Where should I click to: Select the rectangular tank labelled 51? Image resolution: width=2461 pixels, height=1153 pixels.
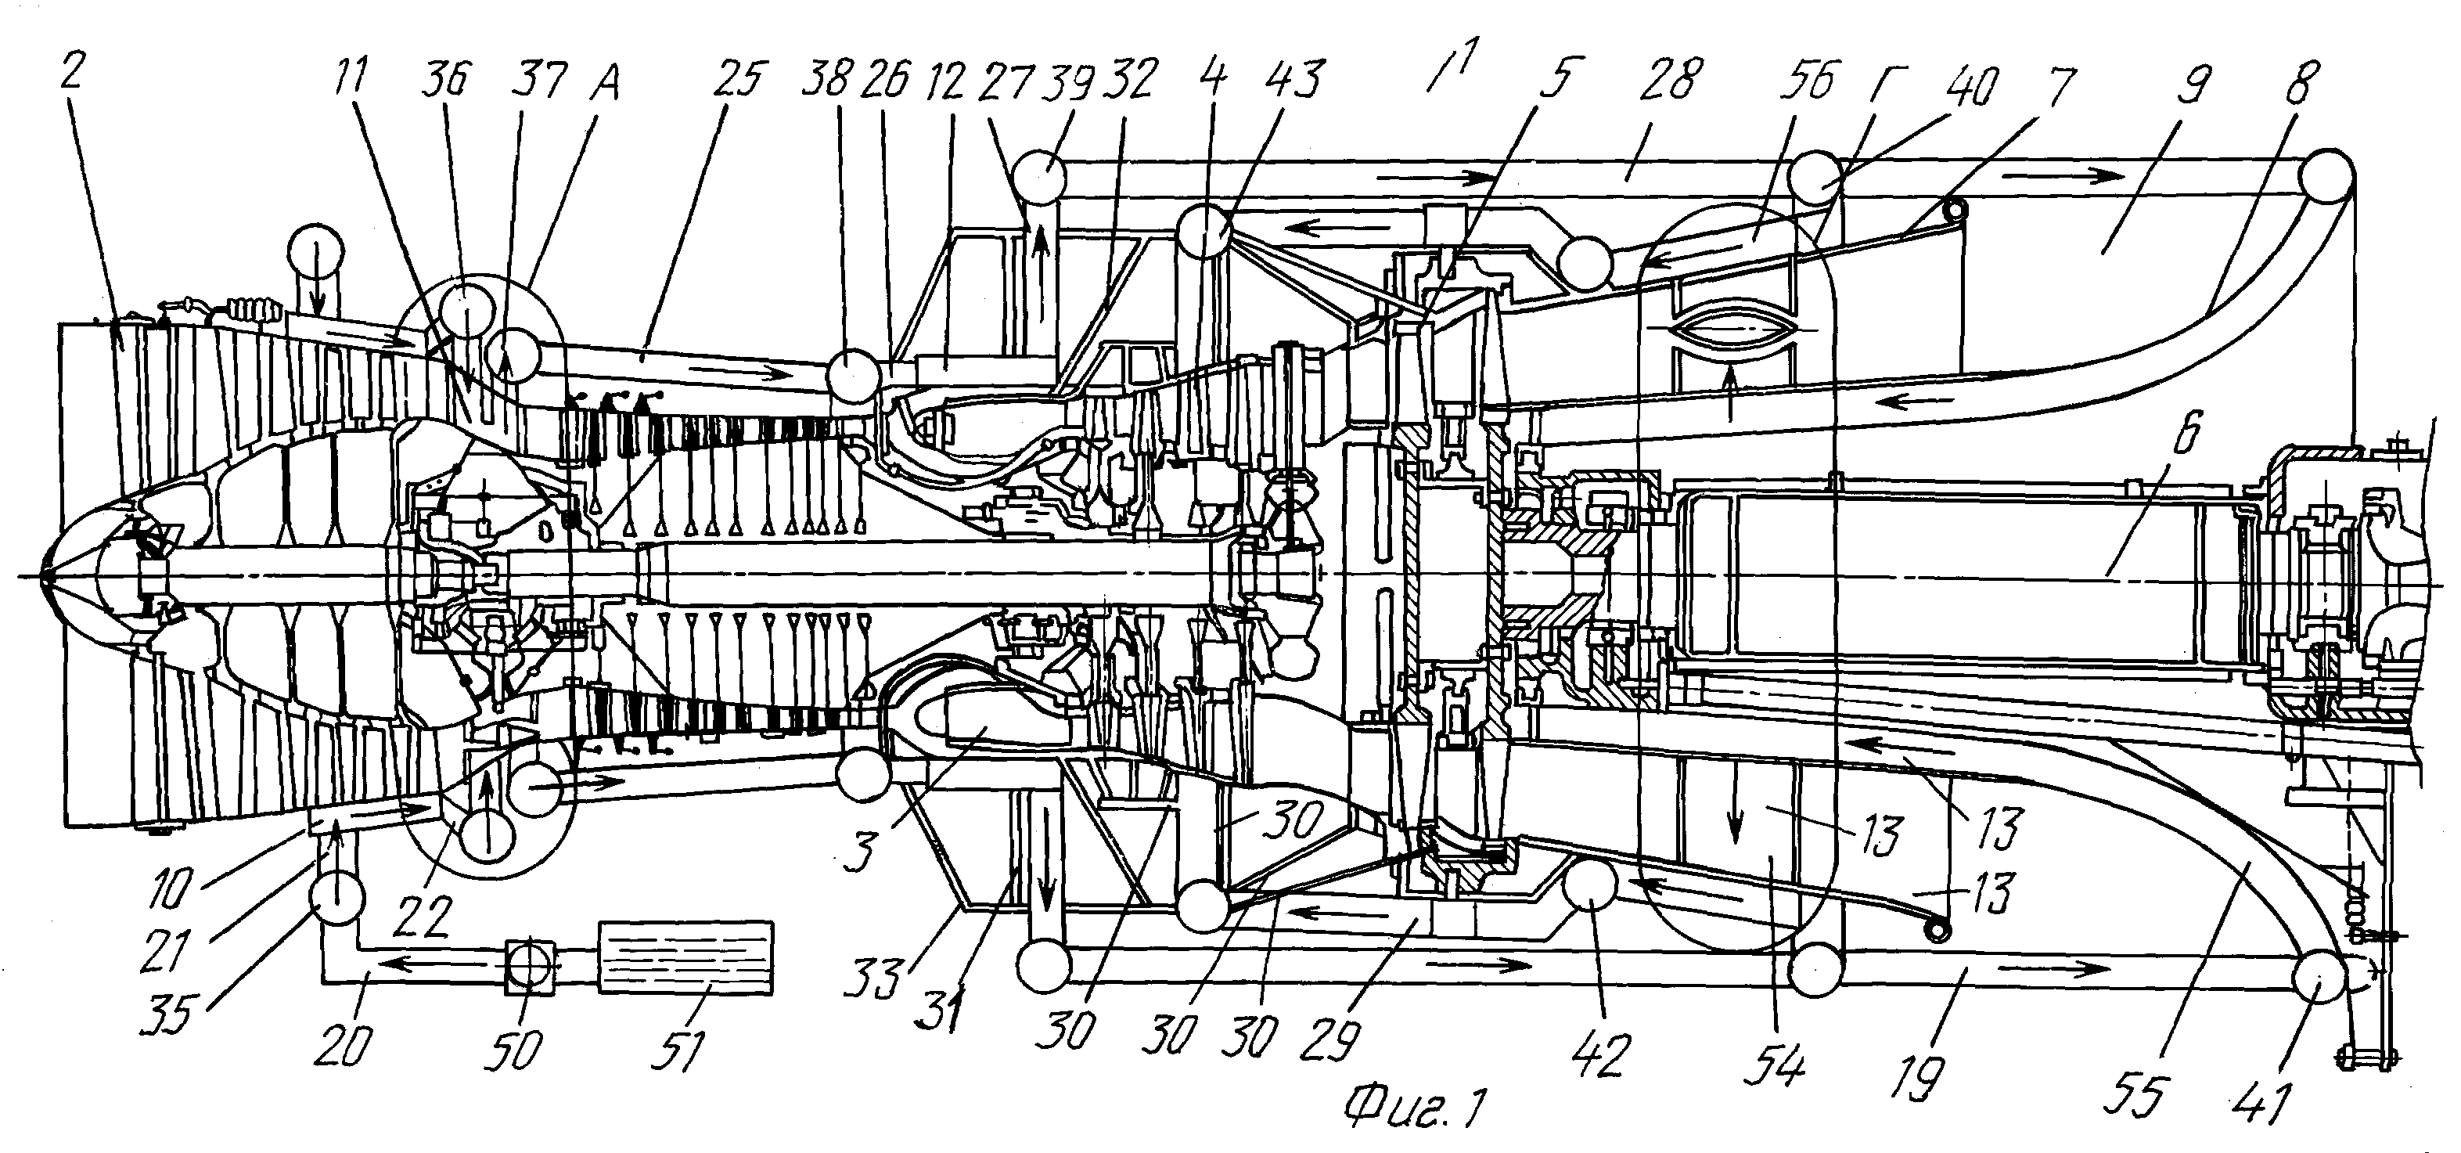click(686, 957)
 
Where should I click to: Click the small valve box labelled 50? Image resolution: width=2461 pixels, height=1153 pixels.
click(529, 967)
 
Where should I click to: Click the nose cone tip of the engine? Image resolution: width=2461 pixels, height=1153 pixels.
click(44, 577)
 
